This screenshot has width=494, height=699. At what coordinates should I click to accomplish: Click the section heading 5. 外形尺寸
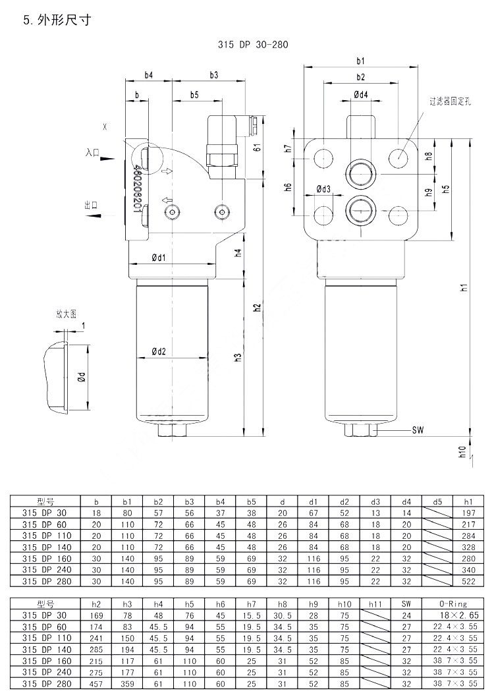pos(56,20)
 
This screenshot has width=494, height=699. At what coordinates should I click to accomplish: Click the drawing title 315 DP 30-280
pos(253,45)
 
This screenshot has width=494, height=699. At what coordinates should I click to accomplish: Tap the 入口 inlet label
pos(92,152)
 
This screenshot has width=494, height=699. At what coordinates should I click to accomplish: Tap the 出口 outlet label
pos(91,206)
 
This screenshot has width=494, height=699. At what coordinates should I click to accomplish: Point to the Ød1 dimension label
pos(158,258)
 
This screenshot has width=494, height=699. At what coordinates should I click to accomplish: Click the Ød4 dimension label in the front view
pos(360,95)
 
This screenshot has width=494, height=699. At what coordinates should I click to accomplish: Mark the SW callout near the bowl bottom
pos(418,430)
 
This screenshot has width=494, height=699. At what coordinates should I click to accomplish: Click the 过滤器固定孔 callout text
pos(451,101)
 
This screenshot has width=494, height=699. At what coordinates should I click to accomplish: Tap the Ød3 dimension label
pos(323,190)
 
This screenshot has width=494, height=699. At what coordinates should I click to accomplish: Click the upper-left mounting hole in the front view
pos(323,157)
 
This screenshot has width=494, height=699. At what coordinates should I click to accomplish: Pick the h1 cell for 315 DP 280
pos(468,582)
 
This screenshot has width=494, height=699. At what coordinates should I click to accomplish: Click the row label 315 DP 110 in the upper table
pos(45,536)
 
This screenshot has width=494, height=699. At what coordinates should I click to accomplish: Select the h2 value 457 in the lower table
pos(96,684)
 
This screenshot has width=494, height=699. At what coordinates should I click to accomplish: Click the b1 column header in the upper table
pos(126,501)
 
